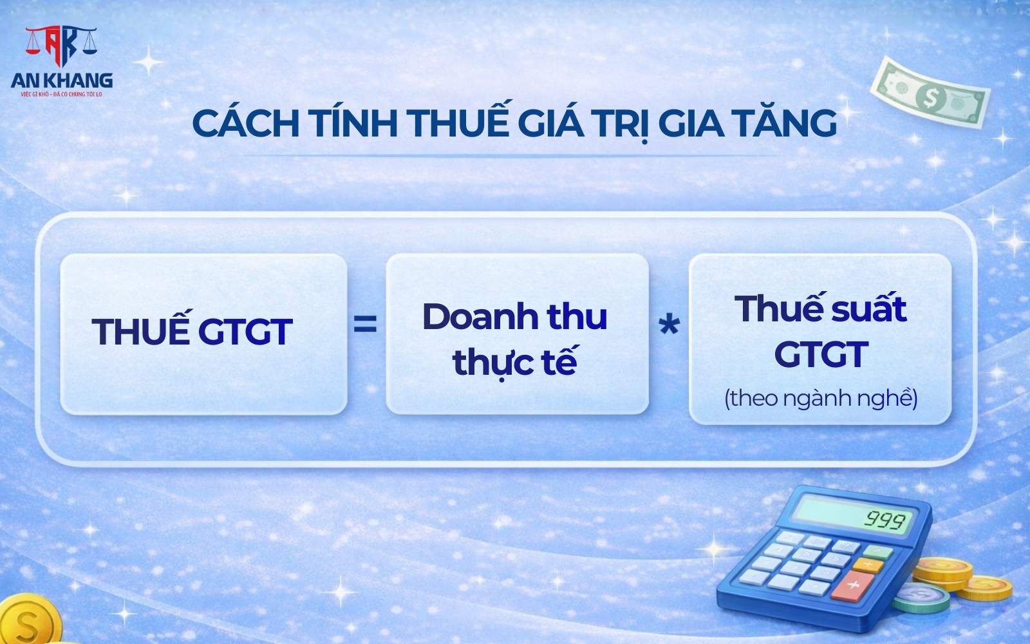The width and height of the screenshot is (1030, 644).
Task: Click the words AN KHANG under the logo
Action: point(62,80)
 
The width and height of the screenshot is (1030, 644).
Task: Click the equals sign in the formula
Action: point(365,325)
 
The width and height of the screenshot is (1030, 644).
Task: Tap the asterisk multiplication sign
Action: point(669,327)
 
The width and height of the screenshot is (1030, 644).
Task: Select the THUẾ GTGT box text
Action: point(192,331)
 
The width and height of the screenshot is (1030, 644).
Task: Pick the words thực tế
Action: point(515,361)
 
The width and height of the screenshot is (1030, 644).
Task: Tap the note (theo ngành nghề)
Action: point(821,399)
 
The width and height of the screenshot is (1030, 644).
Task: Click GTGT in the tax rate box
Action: point(821,354)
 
